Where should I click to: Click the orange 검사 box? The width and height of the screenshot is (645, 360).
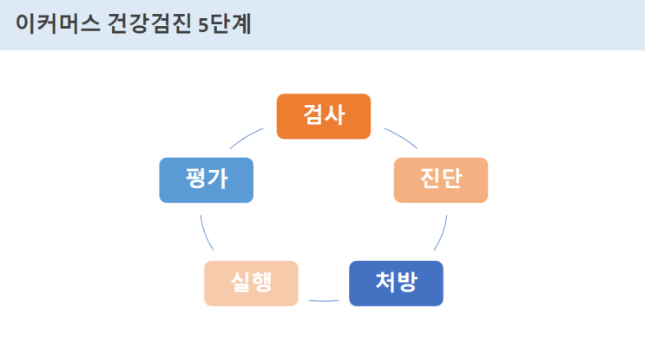323,116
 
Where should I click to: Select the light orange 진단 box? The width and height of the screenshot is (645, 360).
441,180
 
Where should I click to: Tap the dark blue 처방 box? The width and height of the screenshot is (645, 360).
396,283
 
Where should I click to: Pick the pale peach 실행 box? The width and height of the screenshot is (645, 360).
251,283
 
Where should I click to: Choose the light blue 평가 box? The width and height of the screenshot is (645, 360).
206,180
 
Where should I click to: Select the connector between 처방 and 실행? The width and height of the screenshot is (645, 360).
324,300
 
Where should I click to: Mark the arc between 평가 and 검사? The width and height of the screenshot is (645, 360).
247,138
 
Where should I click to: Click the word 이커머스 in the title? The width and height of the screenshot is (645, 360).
53,23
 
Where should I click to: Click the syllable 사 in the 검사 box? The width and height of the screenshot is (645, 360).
335,115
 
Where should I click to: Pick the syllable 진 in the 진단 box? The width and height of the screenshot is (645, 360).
429,180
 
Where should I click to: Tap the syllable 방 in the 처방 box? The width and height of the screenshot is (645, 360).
408,283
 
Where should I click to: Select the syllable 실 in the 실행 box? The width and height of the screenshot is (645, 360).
240,283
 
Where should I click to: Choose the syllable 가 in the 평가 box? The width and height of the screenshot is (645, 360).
218,180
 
